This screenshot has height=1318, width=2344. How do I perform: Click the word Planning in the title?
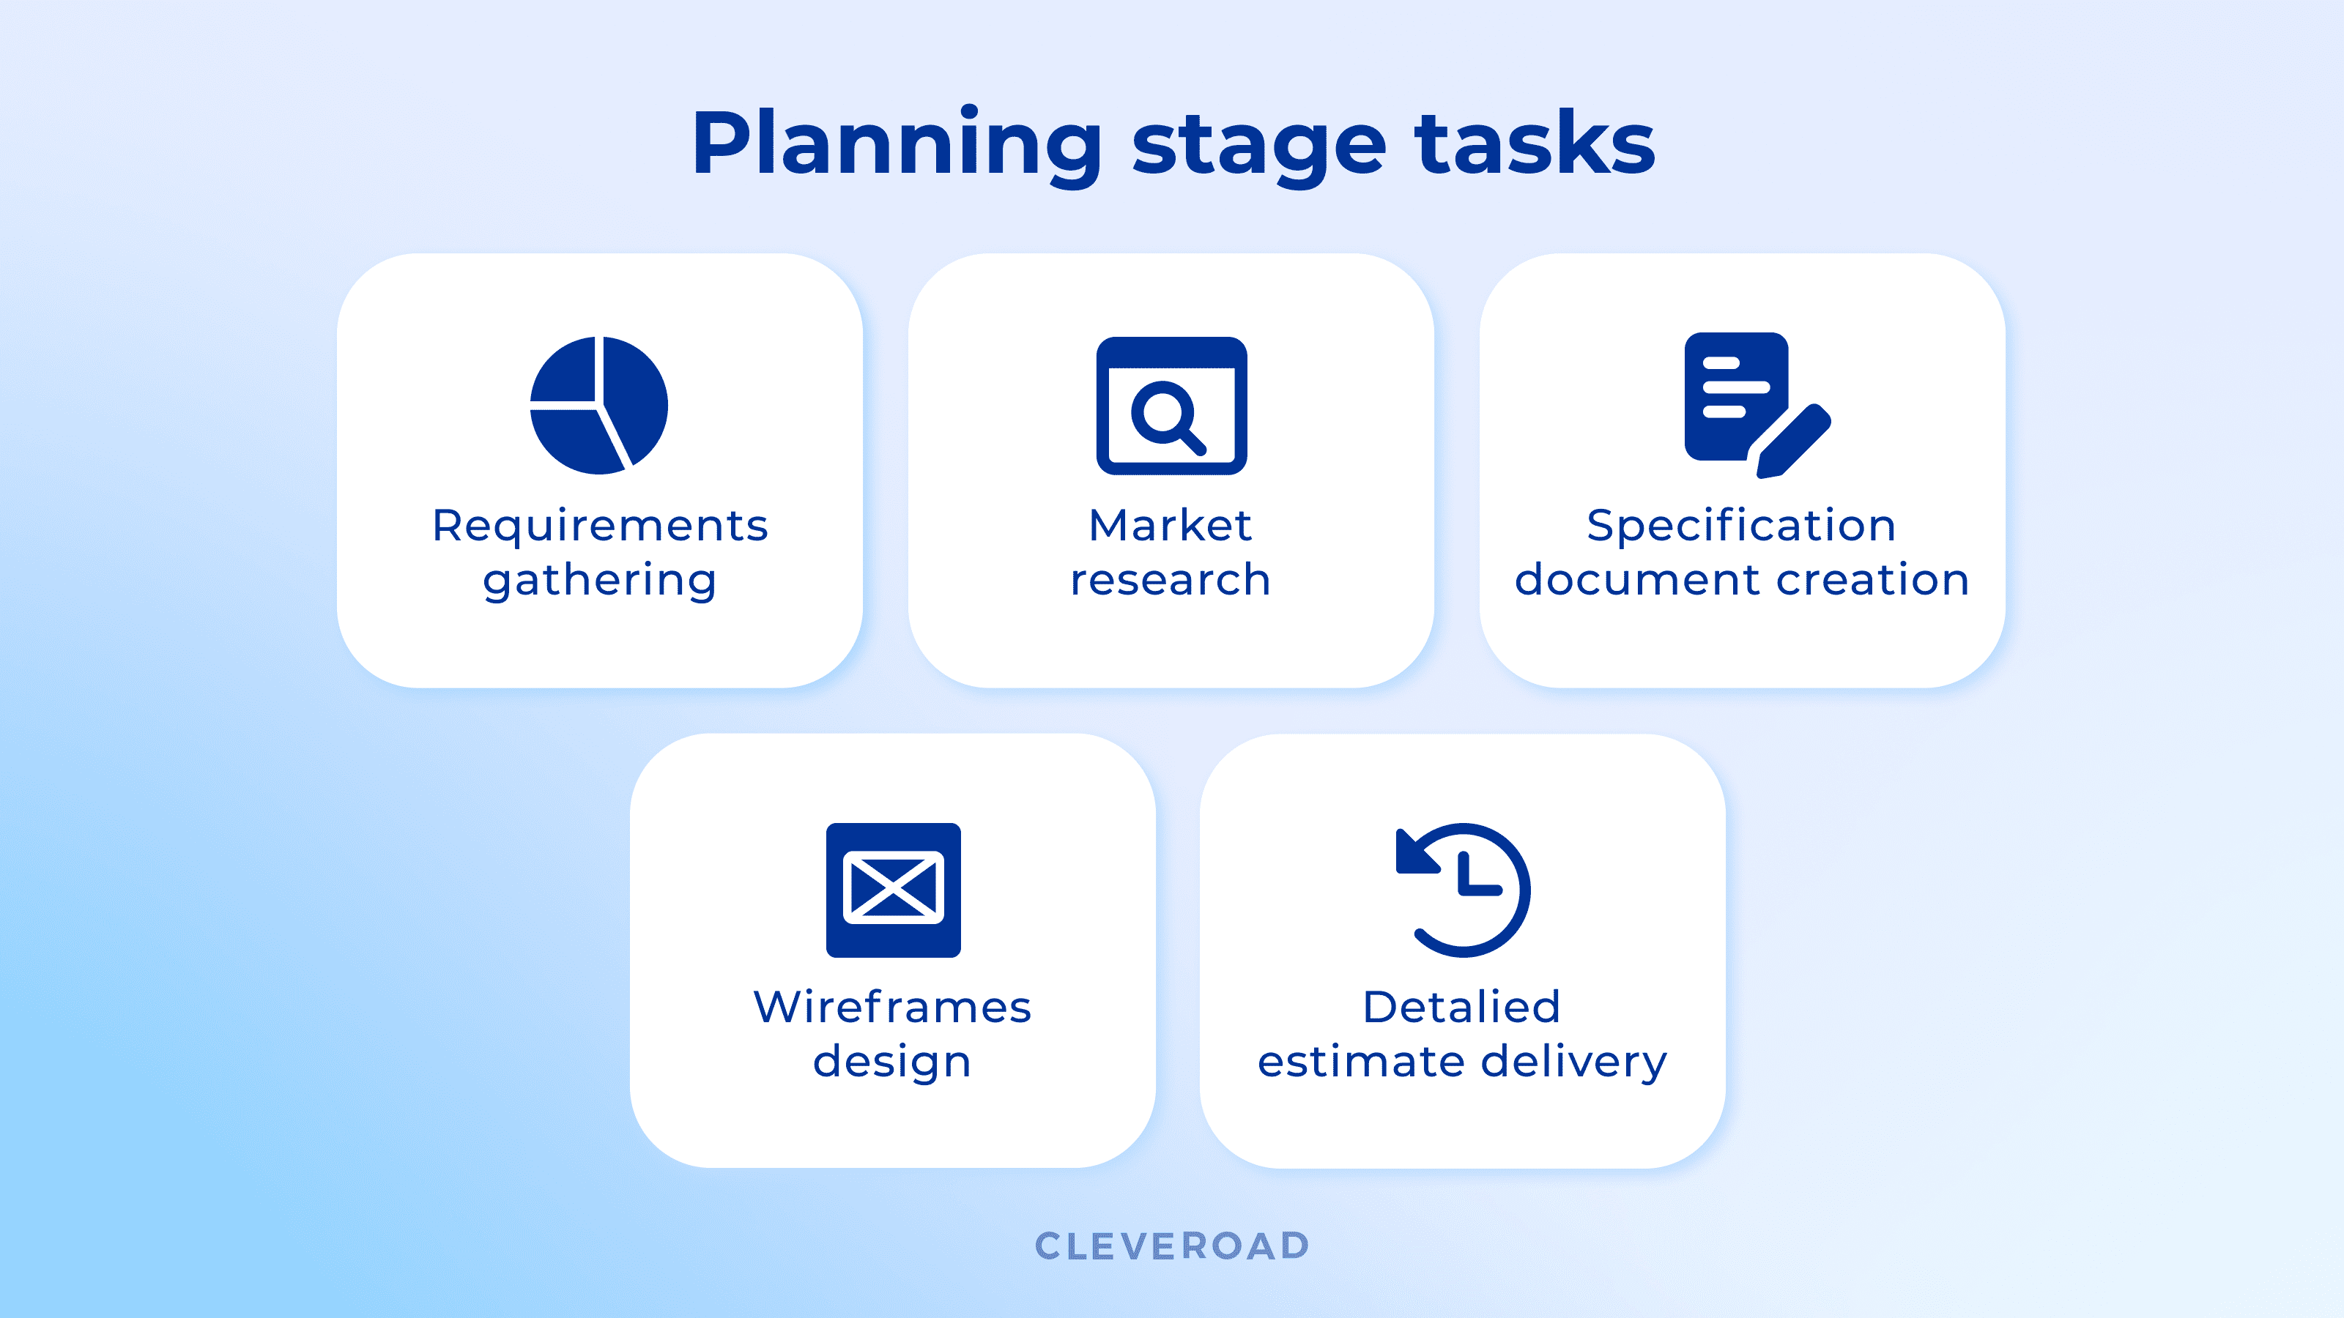pyautogui.click(x=897, y=145)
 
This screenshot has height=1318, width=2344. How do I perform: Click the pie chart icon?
pyautogui.click(x=598, y=406)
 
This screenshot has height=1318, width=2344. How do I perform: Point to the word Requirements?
pyautogui.click(x=601, y=526)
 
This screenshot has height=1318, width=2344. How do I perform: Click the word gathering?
pyautogui.click(x=601, y=581)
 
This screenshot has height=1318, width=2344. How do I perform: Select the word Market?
pyautogui.click(x=1171, y=525)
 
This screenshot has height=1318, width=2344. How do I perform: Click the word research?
pyautogui.click(x=1171, y=579)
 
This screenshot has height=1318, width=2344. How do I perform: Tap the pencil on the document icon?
pyautogui.click(x=1793, y=441)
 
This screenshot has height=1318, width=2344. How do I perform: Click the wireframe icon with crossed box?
pyautogui.click(x=894, y=890)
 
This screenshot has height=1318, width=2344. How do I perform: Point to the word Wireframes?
pyautogui.click(x=893, y=1007)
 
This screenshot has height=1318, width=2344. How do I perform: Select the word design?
pyautogui.click(x=893, y=1062)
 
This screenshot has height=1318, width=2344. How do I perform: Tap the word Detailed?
pyautogui.click(x=1462, y=1007)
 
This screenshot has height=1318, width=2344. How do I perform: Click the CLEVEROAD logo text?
pyautogui.click(x=1172, y=1246)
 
